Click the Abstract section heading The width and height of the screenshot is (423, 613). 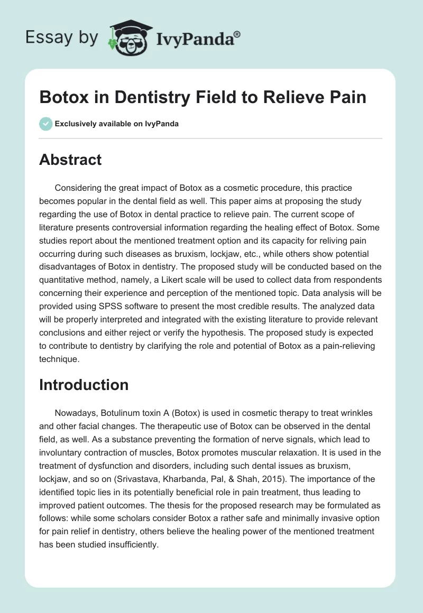tap(70, 160)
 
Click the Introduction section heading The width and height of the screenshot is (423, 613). tap(84, 385)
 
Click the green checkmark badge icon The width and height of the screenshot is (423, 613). tap(45, 124)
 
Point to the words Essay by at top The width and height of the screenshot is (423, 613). tap(60, 38)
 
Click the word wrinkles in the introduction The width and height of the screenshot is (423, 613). tap(362, 414)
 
